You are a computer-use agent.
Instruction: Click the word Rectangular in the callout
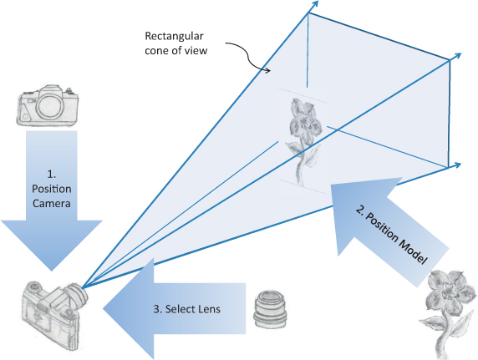coord(174,36)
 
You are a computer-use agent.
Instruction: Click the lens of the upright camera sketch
coord(51,105)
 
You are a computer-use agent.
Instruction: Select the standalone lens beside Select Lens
coord(270,309)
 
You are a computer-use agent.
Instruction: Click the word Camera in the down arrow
coord(52,203)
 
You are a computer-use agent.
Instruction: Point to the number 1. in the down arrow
coord(52,174)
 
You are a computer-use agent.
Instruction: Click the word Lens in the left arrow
coord(209,309)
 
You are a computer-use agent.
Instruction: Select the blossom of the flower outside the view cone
coord(450,293)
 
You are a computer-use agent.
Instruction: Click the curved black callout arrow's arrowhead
coord(267,71)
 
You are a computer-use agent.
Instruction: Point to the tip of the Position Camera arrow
coord(51,271)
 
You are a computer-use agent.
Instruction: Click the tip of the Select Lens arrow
coord(103,309)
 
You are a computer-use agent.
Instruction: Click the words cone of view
coord(175,50)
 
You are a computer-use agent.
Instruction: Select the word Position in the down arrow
coord(52,189)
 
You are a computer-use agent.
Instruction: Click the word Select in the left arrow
coord(181,309)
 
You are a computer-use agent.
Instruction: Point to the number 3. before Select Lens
coord(158,309)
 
